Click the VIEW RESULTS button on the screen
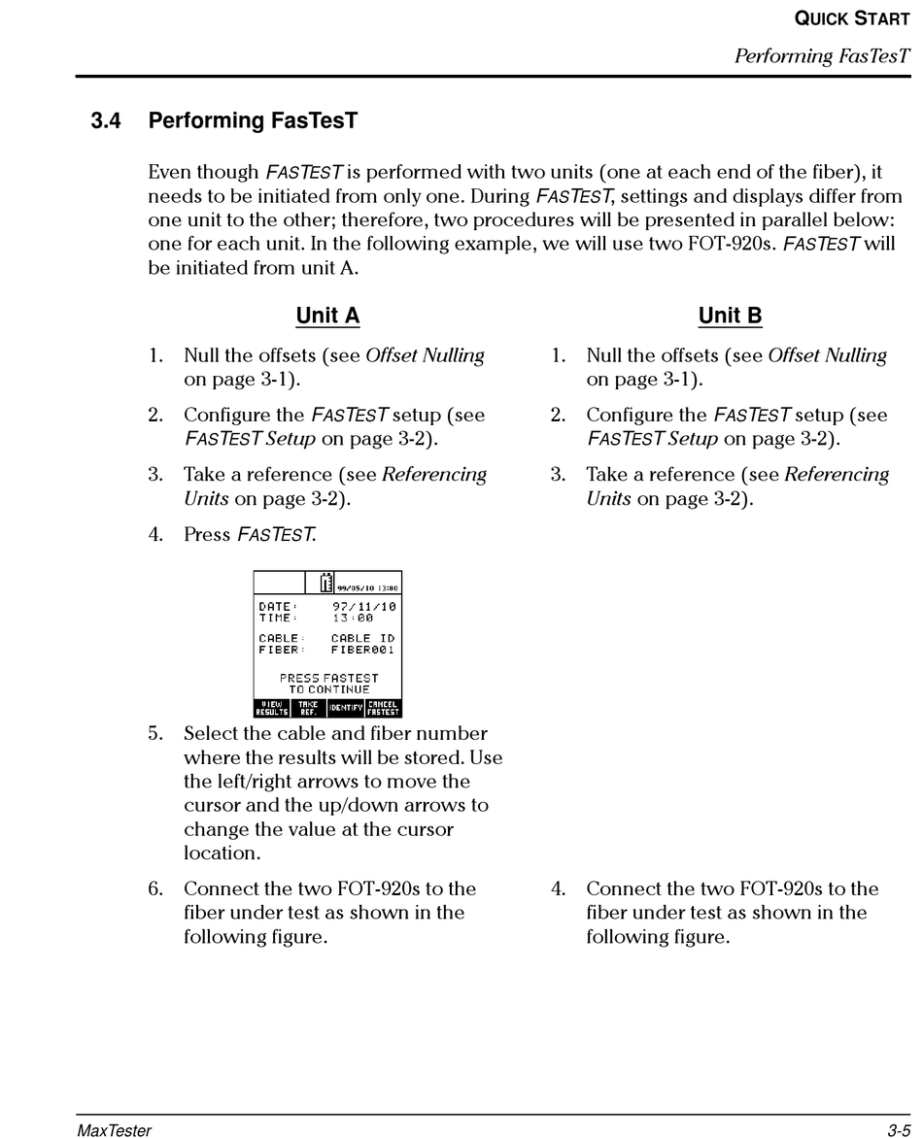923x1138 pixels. tap(272, 708)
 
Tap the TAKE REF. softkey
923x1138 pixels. tap(308, 708)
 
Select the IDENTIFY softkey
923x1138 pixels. tap(345, 708)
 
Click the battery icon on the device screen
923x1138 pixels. tap(326, 583)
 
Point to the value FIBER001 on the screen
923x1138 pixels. tap(362, 650)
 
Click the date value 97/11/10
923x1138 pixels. tap(363, 607)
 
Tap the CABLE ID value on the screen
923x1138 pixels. tap(362, 639)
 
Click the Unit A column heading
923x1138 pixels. tap(327, 316)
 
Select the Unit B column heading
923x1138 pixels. tap(730, 316)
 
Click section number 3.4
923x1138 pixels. tap(107, 121)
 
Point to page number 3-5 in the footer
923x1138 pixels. tap(897, 1129)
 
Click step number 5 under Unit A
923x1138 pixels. tap(155, 734)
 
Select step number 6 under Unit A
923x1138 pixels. tap(155, 889)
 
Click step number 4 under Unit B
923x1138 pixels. tap(558, 889)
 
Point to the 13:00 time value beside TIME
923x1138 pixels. tap(353, 618)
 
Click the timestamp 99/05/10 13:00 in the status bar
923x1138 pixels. tap(367, 587)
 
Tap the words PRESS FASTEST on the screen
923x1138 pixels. tap(328, 678)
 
